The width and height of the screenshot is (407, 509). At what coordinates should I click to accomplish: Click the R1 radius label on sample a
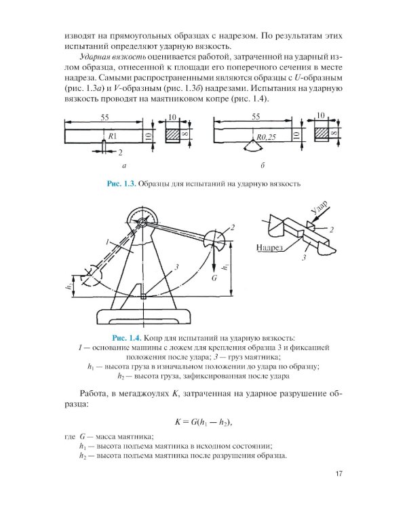(x=108, y=137)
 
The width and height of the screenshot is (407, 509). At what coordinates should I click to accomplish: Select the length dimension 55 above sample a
(x=102, y=117)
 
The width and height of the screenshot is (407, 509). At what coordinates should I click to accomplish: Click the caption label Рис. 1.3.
(x=119, y=183)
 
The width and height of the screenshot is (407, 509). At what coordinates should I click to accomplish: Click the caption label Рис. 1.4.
(x=125, y=337)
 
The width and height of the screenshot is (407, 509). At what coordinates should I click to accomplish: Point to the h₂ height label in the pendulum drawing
(x=69, y=287)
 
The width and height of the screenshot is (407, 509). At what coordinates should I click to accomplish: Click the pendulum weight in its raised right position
(x=220, y=238)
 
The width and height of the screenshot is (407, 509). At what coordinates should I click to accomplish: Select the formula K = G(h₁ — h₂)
(x=203, y=422)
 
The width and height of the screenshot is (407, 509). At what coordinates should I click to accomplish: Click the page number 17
(x=341, y=474)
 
